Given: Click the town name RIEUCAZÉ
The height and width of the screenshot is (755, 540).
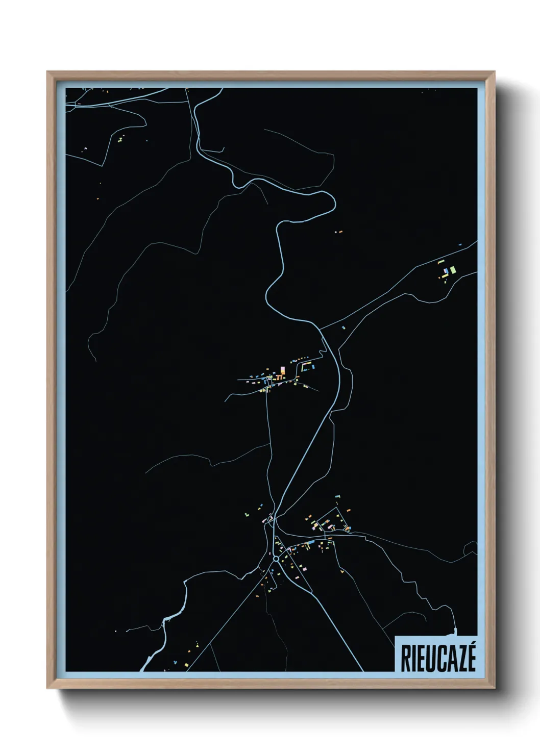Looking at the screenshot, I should point(438,659).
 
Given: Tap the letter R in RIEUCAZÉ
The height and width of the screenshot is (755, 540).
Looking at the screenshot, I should point(405,659).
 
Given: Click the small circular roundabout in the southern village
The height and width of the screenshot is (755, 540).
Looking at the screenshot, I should point(276,559).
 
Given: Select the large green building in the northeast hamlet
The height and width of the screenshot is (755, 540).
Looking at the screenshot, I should point(452,269).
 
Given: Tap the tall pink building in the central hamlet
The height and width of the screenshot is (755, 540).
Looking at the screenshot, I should point(282,370).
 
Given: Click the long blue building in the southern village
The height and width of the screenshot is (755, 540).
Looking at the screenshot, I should point(310,542).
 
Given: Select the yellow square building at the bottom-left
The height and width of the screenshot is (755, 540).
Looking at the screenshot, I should point(115,631).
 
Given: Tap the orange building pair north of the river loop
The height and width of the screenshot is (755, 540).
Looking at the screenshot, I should point(338,232).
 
